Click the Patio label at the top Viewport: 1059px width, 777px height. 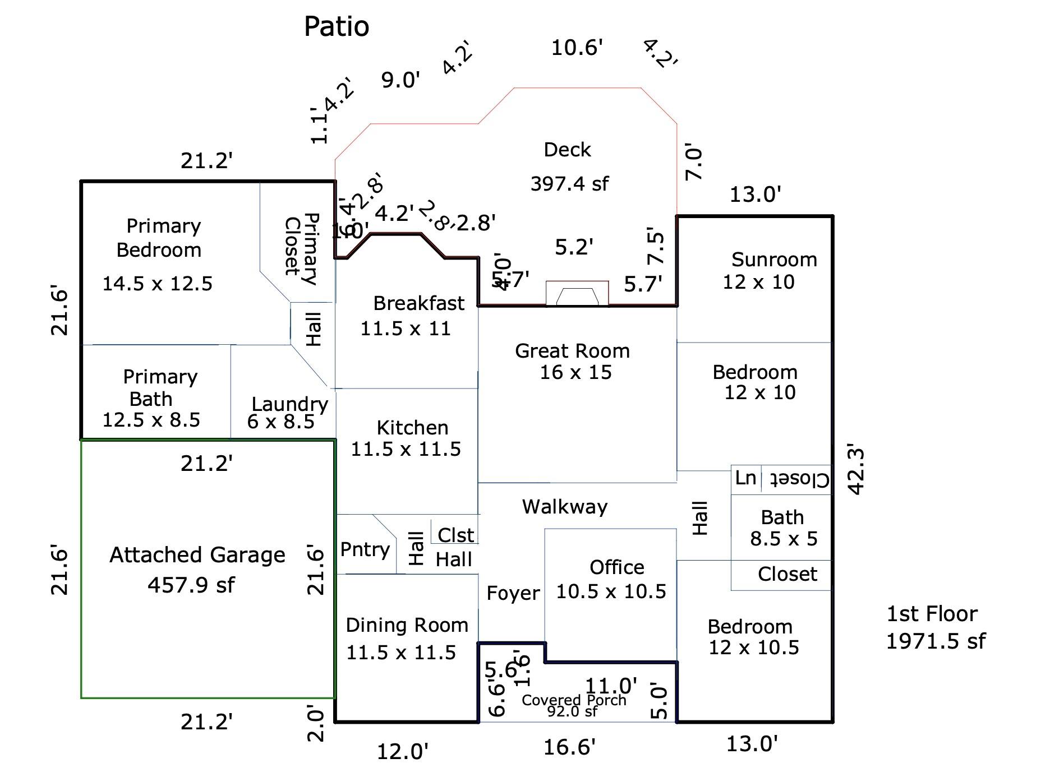click(x=337, y=26)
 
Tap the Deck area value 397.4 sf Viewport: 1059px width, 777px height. click(x=569, y=183)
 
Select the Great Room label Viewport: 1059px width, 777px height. click(x=572, y=351)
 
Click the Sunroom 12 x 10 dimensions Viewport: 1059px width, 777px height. click(x=758, y=281)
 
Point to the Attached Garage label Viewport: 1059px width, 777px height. click(x=197, y=555)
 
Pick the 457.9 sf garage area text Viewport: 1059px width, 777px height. click(x=191, y=585)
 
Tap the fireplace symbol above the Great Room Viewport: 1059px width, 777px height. click(x=577, y=293)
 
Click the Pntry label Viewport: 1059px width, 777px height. click(x=365, y=549)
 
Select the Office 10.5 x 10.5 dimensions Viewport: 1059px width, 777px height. click(x=611, y=591)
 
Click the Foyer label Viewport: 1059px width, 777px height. click(x=513, y=593)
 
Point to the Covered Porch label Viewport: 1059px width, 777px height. click(x=574, y=700)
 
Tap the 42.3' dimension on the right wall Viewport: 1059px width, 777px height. click(x=856, y=470)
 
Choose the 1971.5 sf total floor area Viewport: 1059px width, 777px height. click(x=936, y=641)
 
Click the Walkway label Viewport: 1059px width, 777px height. click(x=565, y=507)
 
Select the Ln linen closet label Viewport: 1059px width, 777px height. click(x=745, y=478)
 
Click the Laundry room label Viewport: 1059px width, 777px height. click(x=289, y=404)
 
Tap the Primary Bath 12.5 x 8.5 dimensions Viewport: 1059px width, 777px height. click(x=151, y=420)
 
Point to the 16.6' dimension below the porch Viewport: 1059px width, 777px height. click(x=569, y=747)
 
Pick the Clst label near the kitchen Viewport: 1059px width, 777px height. click(x=455, y=535)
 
